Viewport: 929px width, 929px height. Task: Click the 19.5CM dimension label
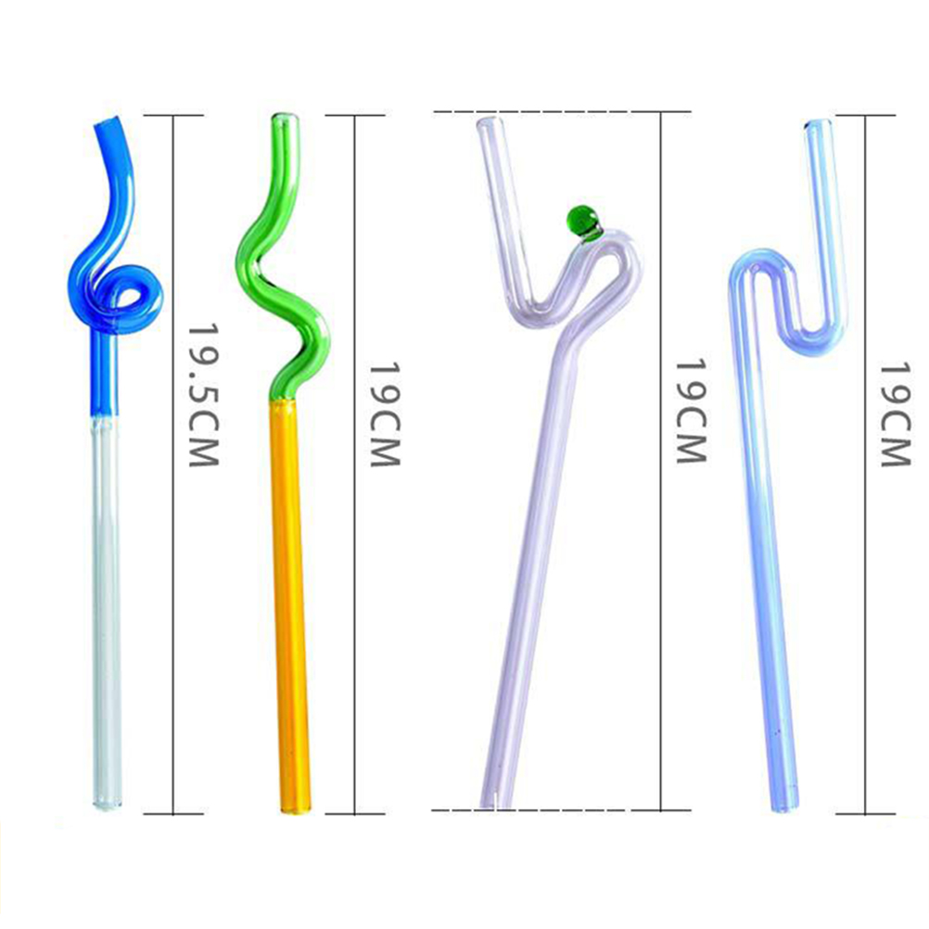[204, 395]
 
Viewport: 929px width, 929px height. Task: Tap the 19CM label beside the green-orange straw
[385, 414]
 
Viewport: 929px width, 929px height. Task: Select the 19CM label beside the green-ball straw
[691, 411]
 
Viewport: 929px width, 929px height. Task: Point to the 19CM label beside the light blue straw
[894, 414]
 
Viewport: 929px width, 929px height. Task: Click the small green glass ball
[582, 222]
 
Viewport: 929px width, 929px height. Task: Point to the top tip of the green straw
[285, 118]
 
